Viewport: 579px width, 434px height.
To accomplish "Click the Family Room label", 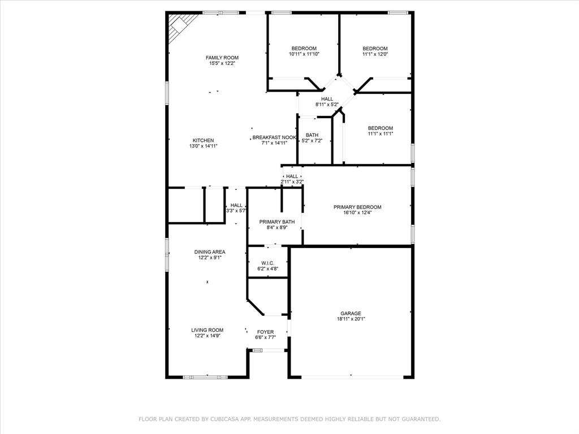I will pos(222,58).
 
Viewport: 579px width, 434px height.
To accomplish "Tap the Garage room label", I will pos(351,314).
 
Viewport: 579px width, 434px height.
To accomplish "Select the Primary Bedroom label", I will pos(357,207).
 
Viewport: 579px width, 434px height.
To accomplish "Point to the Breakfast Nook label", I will pos(274,137).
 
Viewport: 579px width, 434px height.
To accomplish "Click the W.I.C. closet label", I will pos(267,263).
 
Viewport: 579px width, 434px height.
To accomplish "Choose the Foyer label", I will pos(265,332).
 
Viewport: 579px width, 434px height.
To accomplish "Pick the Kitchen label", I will pos(203,140).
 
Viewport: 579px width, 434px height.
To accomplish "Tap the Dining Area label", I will pos(210,252).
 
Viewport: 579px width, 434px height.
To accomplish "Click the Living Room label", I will pos(207,330).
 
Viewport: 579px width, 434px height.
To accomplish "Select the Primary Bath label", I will pos(273,222).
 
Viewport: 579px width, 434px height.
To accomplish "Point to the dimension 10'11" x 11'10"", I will pos(304,55).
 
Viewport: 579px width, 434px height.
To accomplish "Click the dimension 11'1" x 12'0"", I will pos(375,55).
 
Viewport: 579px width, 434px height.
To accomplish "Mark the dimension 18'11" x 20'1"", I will pos(351,319).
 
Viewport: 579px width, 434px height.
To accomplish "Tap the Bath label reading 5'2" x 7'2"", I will pos(312,135).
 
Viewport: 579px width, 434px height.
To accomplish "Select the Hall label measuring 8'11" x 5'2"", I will pos(327,99).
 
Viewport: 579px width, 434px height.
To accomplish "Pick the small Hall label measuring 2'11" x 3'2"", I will pos(292,176).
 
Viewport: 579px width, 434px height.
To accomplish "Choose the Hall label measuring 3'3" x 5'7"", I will pos(236,205).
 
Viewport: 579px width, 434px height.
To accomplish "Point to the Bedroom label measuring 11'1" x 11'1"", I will pos(380,128).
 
